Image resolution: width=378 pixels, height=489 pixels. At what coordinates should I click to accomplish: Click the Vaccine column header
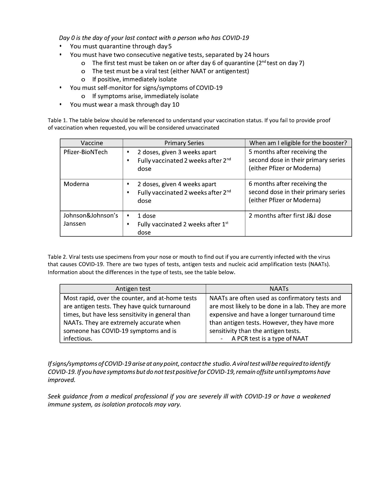(92, 143)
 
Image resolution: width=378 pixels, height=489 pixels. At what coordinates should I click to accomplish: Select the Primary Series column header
(184, 143)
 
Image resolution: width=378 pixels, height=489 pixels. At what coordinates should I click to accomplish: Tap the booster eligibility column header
(298, 143)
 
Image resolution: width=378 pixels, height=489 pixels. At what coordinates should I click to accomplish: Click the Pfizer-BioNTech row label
(86, 152)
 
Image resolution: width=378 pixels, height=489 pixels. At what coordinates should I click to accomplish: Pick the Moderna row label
(76, 184)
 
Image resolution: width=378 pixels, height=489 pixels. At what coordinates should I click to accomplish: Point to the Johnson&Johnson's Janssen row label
(91, 220)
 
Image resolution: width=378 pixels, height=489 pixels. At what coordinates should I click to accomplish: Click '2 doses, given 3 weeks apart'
(177, 152)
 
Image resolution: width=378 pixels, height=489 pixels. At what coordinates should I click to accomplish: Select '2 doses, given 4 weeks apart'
(177, 184)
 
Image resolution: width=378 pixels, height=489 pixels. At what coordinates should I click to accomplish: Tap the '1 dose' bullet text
(146, 216)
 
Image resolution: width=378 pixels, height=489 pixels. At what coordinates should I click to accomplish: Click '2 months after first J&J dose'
(290, 216)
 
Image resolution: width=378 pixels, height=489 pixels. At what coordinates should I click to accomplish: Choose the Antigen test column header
(133, 289)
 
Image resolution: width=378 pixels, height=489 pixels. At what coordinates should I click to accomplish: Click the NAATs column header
(279, 289)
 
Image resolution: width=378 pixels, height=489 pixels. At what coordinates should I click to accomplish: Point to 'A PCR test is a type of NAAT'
(270, 338)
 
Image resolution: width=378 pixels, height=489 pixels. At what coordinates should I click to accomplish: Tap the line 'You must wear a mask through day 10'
(125, 105)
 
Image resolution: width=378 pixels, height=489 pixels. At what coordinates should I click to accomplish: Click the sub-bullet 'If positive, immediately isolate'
(134, 79)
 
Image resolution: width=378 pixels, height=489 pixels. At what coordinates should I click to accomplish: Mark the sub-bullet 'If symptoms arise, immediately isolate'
(145, 96)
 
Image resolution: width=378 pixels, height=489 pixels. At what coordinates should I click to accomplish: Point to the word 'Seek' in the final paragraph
(55, 396)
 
